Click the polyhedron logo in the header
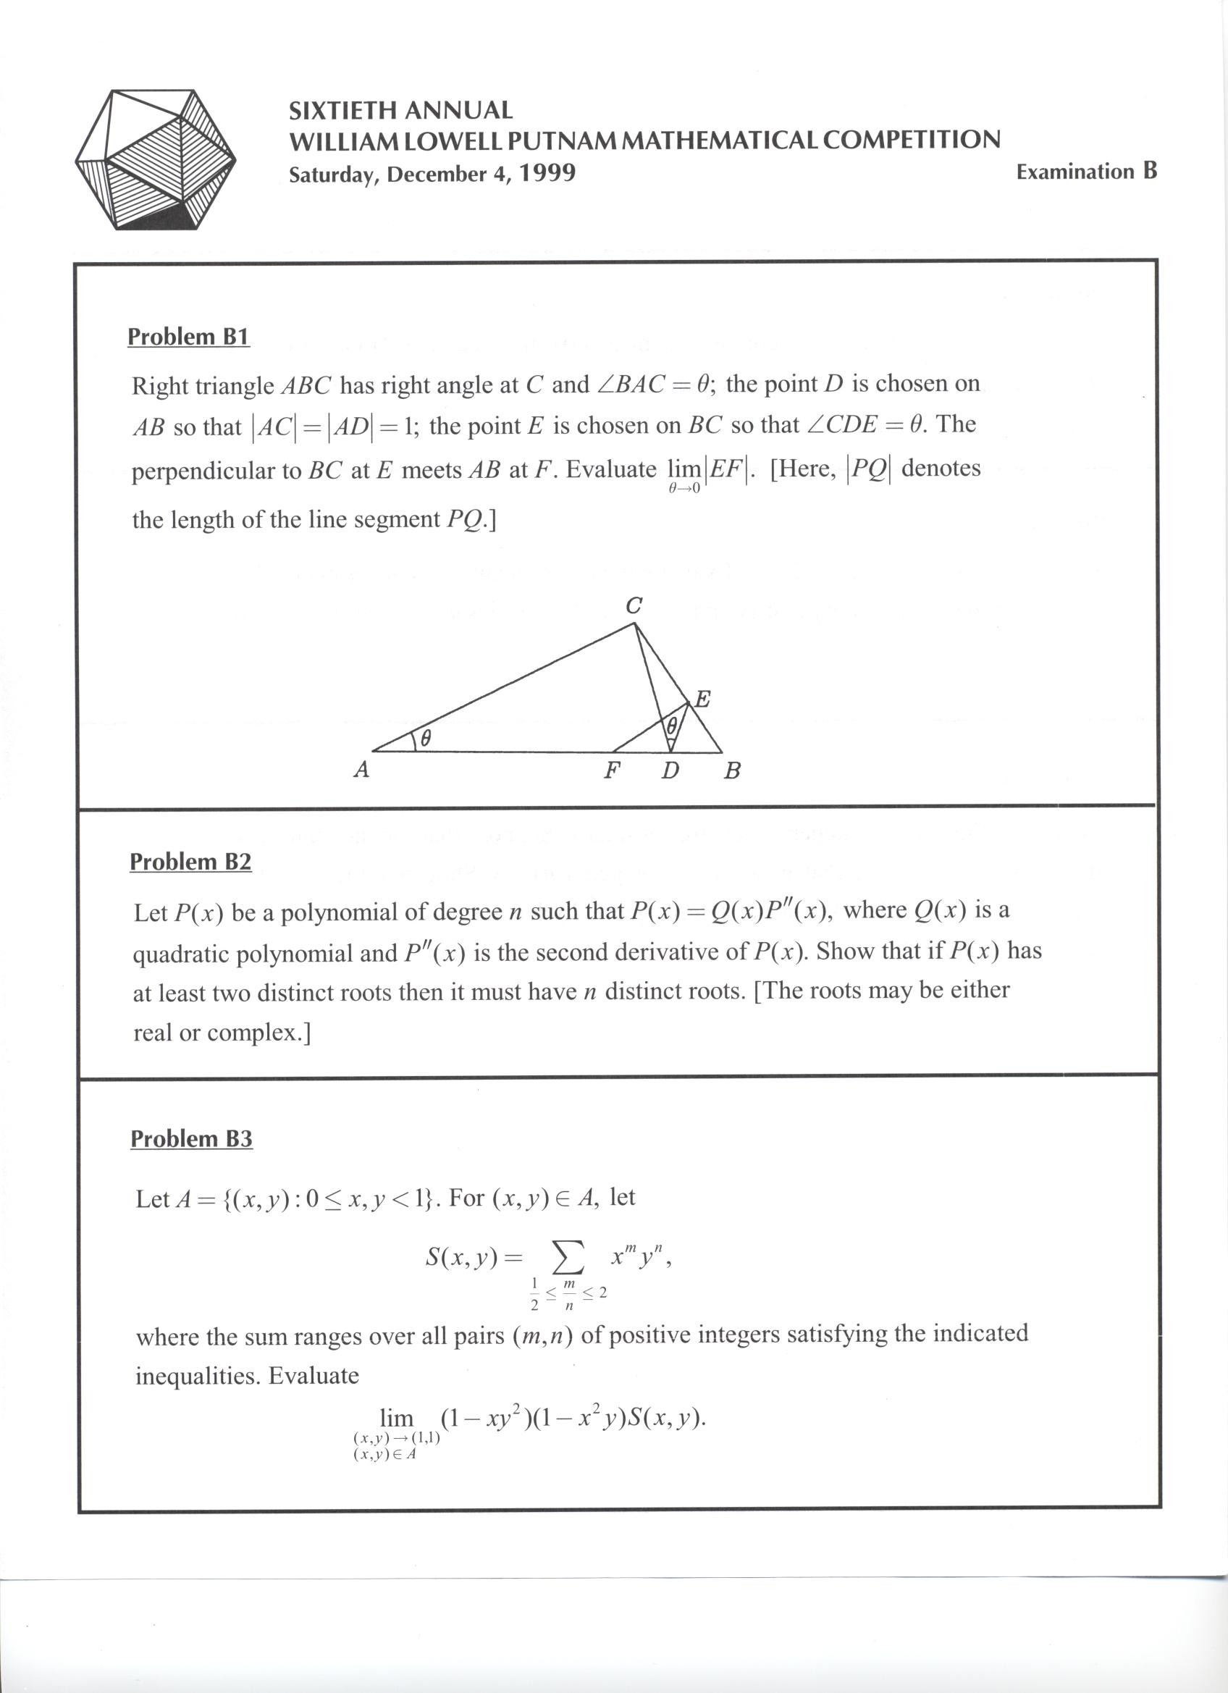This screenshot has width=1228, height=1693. [155, 159]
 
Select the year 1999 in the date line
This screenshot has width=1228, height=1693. [547, 173]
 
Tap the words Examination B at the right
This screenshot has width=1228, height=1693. [1085, 172]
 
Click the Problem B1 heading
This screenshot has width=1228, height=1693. [188, 337]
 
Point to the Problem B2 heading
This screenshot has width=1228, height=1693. [190, 862]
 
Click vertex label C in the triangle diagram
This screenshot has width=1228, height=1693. [633, 606]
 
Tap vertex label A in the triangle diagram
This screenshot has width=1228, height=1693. [361, 770]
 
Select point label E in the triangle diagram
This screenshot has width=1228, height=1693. [702, 700]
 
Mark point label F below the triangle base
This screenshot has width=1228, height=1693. [612, 770]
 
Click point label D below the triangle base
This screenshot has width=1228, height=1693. [670, 770]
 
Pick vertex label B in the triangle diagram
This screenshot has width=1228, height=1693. [732, 770]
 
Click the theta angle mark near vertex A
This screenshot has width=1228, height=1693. [426, 739]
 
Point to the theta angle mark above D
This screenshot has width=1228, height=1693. [671, 725]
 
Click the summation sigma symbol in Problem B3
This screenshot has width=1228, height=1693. [567, 1260]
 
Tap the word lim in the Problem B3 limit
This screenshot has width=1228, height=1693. [396, 1418]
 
